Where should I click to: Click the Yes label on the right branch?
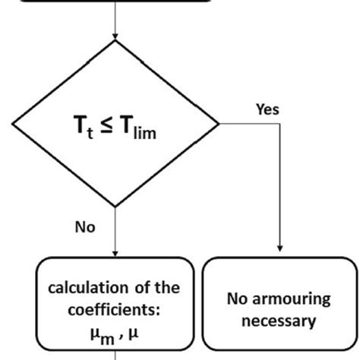(267, 109)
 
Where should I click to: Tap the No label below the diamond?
(85, 226)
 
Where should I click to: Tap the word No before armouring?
(238, 298)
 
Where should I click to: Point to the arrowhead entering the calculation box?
(115, 253)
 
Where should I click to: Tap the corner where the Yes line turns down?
(282, 124)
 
